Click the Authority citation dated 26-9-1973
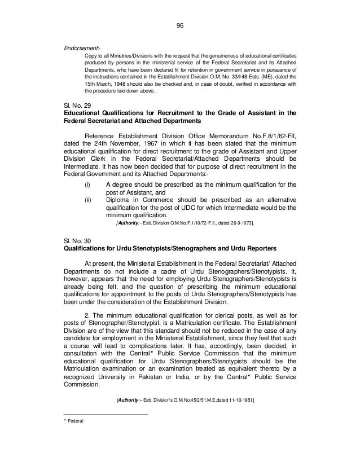pos(185,224)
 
